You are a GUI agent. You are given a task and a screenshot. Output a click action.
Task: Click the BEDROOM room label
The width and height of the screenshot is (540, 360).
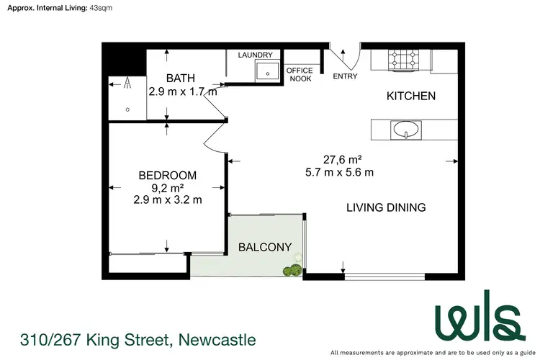pos(167,175)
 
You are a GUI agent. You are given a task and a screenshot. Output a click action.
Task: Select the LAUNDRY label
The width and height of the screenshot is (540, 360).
pos(256,55)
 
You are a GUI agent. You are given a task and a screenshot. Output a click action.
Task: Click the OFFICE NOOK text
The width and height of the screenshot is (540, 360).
pos(300,74)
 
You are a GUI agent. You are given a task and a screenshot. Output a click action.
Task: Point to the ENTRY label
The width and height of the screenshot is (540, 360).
pos(345,76)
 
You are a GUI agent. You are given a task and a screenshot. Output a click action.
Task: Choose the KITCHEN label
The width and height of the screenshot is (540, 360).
pos(411,96)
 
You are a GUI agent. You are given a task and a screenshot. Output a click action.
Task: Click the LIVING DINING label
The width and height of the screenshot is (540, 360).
pos(386,207)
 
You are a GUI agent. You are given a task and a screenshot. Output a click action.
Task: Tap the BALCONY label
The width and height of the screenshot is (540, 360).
pos(265,247)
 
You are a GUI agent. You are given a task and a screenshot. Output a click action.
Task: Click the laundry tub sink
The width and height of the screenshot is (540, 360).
pos(268,71)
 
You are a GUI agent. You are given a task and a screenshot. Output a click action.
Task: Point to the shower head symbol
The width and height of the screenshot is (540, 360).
pos(127,84)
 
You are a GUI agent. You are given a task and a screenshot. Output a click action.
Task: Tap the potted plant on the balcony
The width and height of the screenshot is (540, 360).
pos(292,270)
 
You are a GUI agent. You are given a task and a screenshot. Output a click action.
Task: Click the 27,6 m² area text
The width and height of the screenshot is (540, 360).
pos(339,160)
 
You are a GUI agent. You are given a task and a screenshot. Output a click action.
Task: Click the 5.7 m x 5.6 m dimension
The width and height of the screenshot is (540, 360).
pos(339,172)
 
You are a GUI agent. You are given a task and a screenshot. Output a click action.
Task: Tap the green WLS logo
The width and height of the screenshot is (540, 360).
pos(476,317)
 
